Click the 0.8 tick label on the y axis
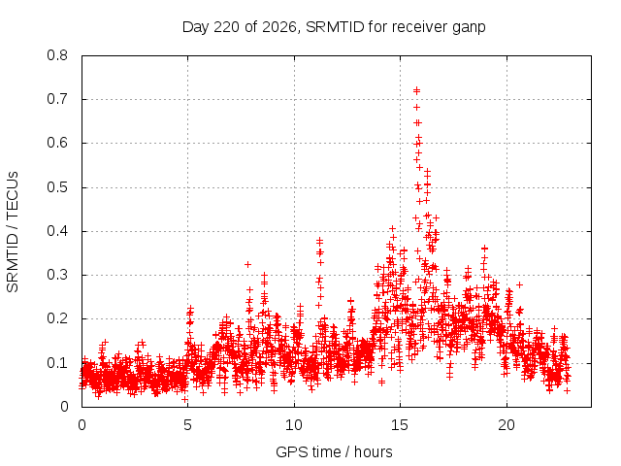(x=57, y=55)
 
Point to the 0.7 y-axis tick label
(x=57, y=99)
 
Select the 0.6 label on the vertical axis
(x=57, y=143)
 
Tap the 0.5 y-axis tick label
(x=57, y=187)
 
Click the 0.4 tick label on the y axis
(x=57, y=231)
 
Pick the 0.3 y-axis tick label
(x=57, y=275)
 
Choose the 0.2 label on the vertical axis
(x=57, y=318)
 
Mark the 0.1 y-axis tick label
(x=57, y=362)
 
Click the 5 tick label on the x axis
(x=187, y=425)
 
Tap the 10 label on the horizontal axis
(x=294, y=425)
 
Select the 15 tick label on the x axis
(x=400, y=425)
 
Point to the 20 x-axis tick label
(x=507, y=425)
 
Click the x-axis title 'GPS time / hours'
(x=334, y=452)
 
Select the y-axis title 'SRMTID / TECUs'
(x=13, y=232)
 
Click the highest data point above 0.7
(x=416, y=90)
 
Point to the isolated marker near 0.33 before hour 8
(x=248, y=264)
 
